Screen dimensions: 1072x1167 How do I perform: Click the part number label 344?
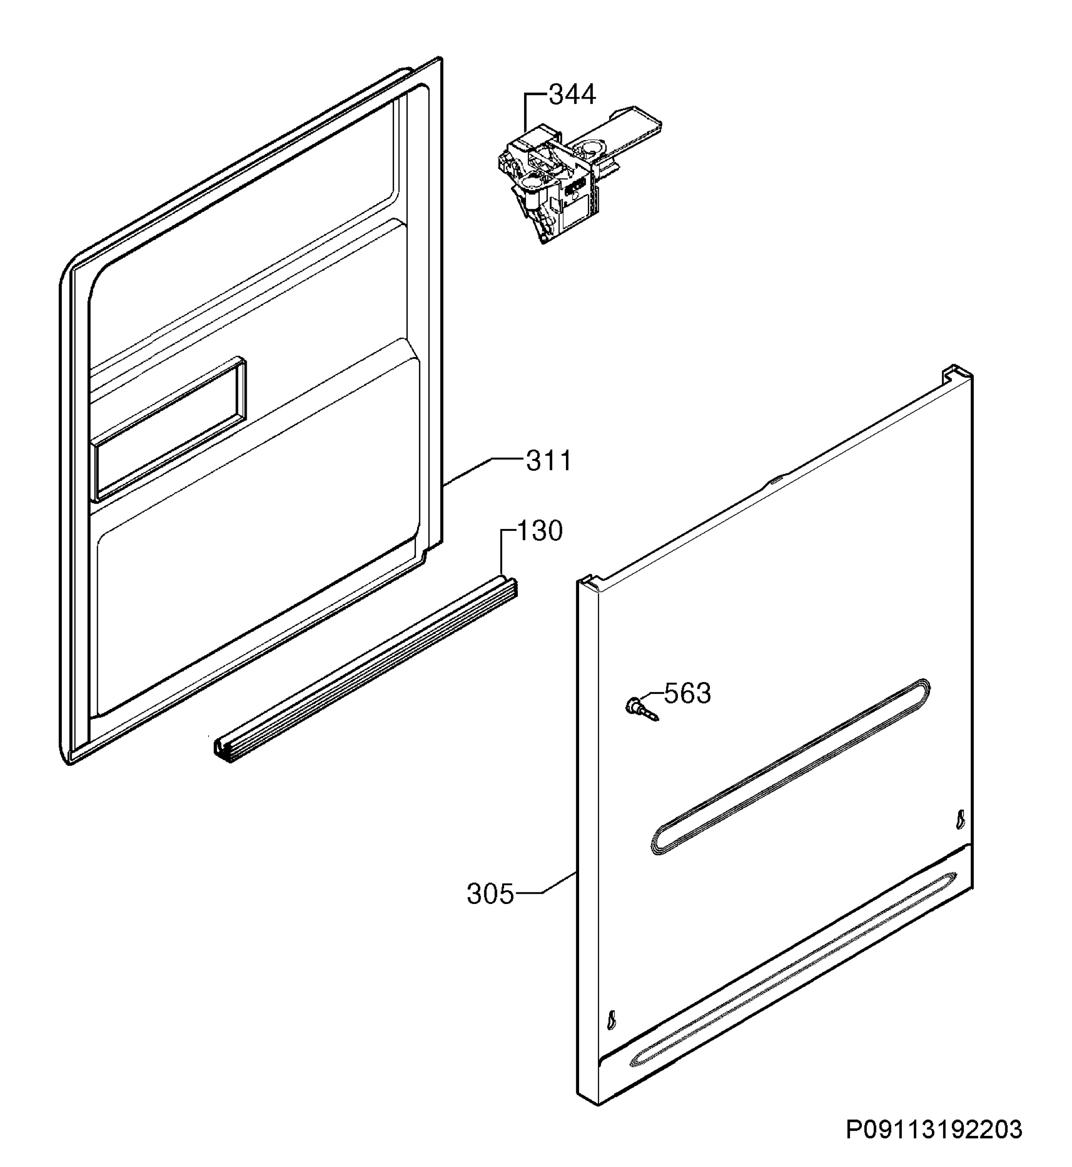coord(572,94)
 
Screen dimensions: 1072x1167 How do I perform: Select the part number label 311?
coord(549,461)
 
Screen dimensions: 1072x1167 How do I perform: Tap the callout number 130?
coord(540,531)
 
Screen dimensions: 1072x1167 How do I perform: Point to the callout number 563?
coord(688,693)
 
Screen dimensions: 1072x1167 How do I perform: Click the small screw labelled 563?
coord(641,710)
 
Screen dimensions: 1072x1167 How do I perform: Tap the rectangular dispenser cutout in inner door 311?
coord(168,429)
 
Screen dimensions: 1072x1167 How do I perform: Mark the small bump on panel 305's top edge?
coord(775,479)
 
